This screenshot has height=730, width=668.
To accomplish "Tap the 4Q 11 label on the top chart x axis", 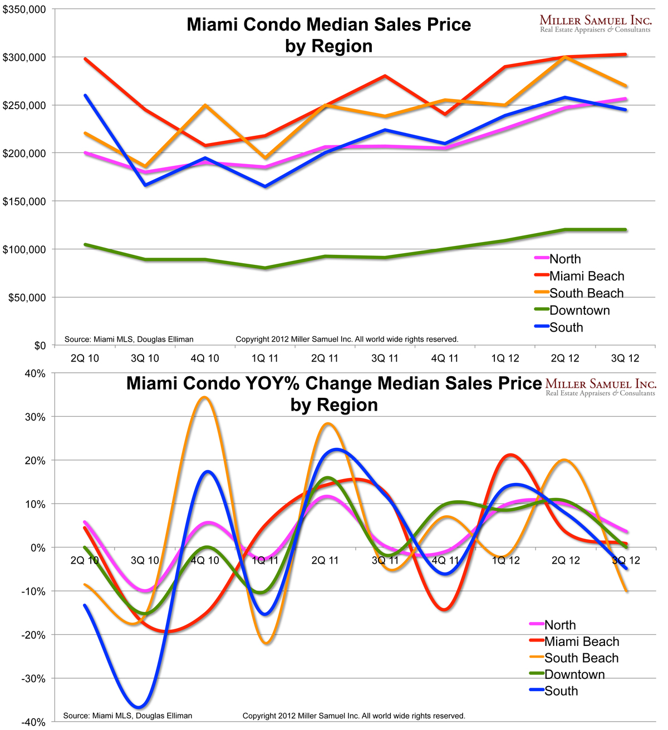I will [445, 358].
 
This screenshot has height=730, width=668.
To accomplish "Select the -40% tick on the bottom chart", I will [34, 722].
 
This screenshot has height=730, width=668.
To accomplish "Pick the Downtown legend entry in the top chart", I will [579, 310].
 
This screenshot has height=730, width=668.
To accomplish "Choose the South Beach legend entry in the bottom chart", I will [581, 658].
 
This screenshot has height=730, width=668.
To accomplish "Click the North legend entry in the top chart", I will [564, 259].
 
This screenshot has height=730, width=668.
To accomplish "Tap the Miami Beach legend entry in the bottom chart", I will [581, 642].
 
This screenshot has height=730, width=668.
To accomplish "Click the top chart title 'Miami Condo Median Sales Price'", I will [328, 25].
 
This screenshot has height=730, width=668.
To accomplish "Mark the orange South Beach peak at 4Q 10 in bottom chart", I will [205, 397].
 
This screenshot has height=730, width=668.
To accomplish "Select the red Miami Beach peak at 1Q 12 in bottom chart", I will [511, 455].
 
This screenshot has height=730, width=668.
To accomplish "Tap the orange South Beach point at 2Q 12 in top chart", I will [565, 57].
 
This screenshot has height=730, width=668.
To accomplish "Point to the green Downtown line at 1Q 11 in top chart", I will [266, 268].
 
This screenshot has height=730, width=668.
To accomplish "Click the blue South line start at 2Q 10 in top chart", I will [85, 95].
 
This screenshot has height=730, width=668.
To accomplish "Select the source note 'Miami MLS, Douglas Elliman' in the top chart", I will [129, 339].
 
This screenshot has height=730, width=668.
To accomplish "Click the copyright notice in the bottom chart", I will [353, 716].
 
